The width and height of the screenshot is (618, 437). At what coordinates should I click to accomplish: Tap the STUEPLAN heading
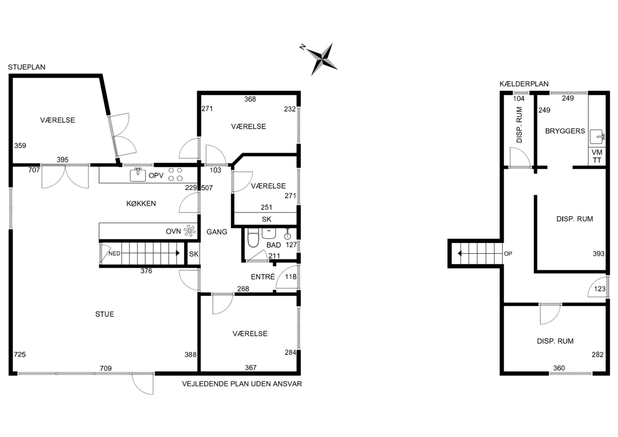[x=26, y=67]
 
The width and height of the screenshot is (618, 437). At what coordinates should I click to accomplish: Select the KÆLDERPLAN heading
[x=524, y=84]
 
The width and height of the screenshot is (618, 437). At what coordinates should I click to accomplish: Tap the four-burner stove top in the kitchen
[x=175, y=174]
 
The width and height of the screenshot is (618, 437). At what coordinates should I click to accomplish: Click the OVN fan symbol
[x=189, y=231]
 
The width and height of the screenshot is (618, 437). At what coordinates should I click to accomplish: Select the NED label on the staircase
[x=114, y=254]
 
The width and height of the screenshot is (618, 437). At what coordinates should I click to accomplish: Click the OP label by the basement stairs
[x=508, y=254]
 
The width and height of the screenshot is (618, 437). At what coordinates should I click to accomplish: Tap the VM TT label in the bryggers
[x=597, y=156]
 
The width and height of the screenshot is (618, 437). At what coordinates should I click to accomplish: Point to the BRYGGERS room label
[x=565, y=131]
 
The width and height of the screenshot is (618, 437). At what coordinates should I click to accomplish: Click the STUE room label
[x=105, y=314]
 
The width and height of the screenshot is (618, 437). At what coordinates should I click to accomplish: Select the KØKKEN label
[x=141, y=203]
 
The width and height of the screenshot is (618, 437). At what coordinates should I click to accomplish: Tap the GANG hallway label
[x=217, y=232]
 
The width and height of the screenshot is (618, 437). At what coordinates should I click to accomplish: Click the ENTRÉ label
[x=263, y=277]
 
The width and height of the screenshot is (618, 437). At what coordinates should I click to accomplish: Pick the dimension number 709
[x=106, y=368]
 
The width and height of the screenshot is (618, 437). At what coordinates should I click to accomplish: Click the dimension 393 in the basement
[x=598, y=254]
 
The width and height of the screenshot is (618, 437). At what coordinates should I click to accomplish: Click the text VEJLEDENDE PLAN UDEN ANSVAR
[x=242, y=384]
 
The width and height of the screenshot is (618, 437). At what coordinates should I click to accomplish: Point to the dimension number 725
[x=20, y=354]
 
